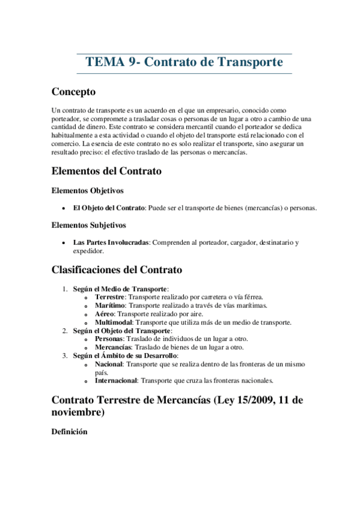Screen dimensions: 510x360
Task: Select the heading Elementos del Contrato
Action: [106, 171]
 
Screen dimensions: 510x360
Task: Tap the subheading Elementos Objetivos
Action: [88, 191]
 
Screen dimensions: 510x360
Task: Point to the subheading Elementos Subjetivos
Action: [89, 226]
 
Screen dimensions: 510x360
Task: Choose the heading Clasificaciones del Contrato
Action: [117, 269]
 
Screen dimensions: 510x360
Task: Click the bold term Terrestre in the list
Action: [110, 297]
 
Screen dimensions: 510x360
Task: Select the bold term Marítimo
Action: [110, 306]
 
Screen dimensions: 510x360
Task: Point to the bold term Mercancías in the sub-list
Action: [112, 348]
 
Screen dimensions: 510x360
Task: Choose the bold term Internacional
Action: [116, 381]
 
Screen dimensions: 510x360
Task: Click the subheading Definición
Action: [70, 432]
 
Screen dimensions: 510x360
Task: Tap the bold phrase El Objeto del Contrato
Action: [108, 208]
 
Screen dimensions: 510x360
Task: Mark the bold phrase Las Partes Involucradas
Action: [111, 242]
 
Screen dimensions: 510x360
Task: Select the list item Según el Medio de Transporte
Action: [120, 289]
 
